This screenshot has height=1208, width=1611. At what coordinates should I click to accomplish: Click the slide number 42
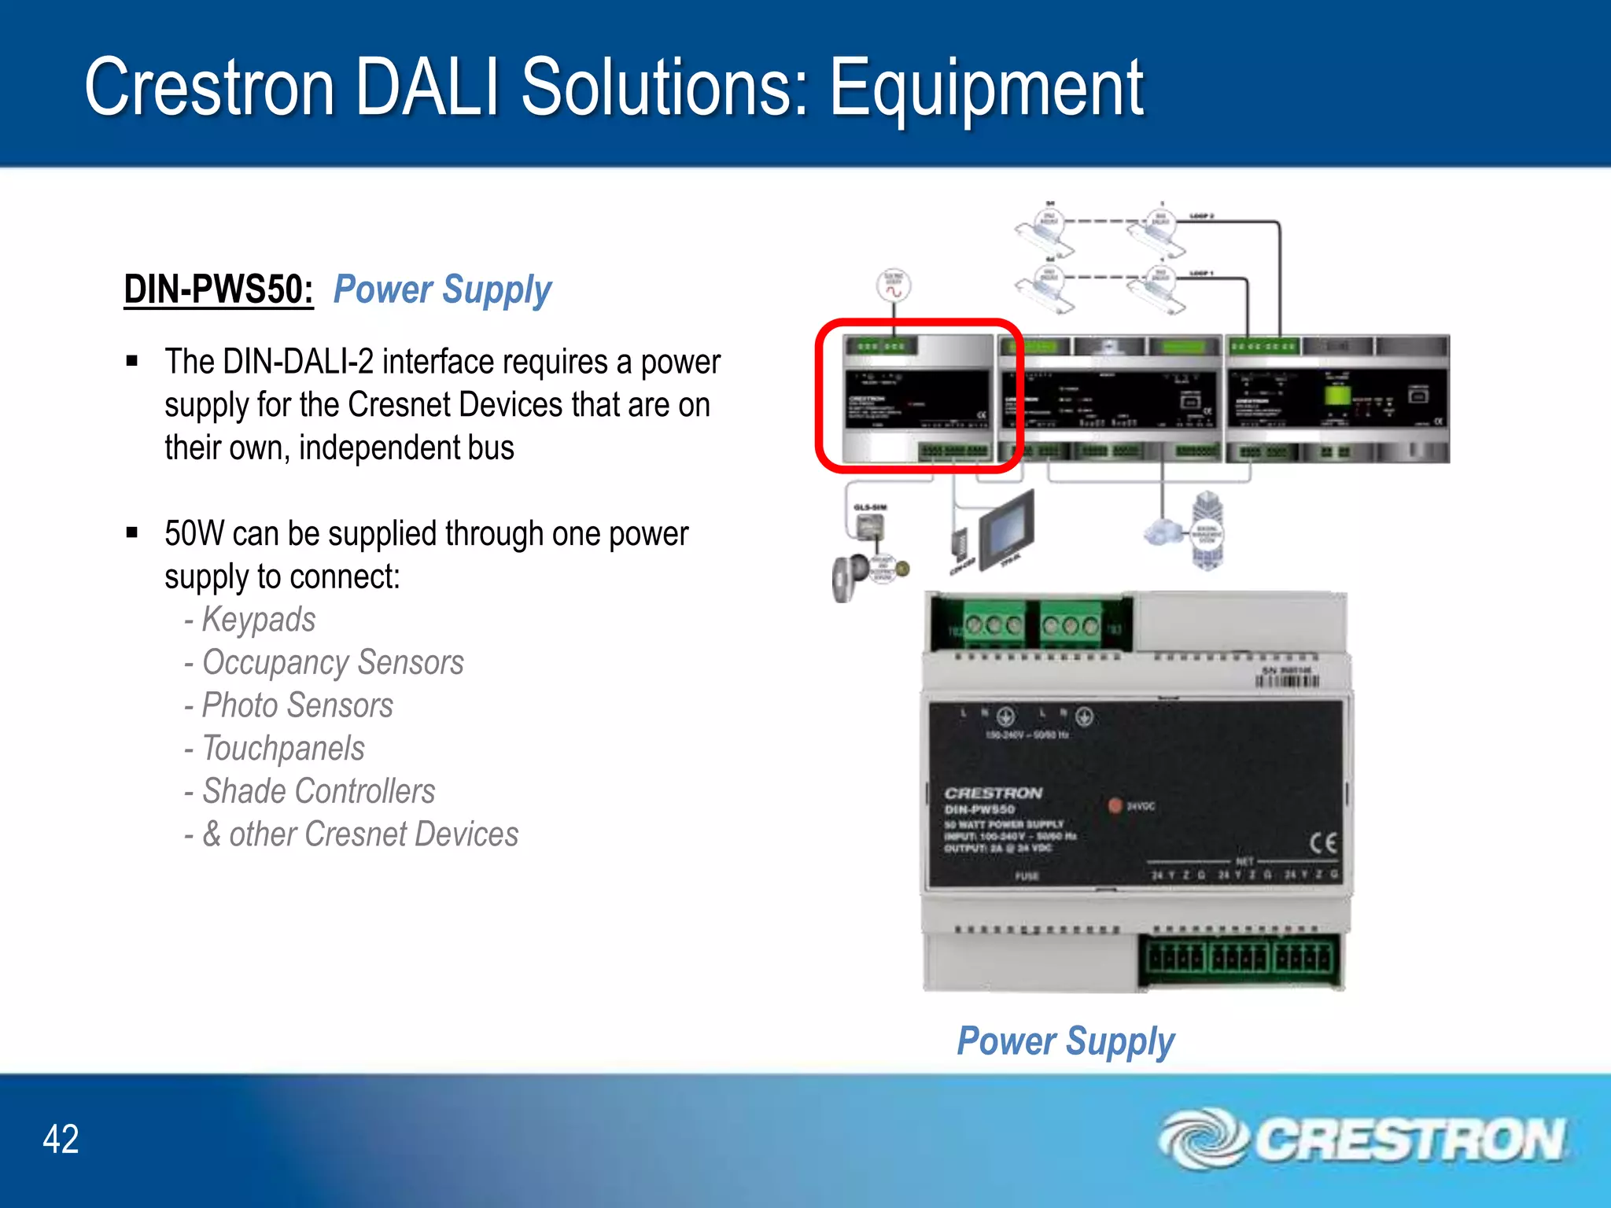pos(61,1139)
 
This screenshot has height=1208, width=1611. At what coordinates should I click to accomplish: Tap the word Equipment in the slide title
pos(986,88)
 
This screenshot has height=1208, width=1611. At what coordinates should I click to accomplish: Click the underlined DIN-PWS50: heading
pos(219,289)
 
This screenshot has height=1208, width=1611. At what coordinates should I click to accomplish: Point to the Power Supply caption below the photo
pos(1065,1041)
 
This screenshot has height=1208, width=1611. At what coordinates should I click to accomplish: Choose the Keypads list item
pos(259,620)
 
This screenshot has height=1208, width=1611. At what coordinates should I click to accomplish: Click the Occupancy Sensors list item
pos(333,663)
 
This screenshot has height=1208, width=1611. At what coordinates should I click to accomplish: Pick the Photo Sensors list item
pos(297,705)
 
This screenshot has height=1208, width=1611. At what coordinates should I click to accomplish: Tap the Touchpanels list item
pos(283,749)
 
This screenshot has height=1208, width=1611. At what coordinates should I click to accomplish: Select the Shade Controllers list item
pos(319,791)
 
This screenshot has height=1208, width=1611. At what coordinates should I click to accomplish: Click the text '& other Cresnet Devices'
pos(360,834)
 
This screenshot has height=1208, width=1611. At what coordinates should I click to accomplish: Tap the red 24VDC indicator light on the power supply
pos(1115,805)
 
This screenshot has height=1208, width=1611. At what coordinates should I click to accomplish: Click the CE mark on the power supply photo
pos(1322,843)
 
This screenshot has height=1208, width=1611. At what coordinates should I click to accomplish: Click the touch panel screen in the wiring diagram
pos(1007,522)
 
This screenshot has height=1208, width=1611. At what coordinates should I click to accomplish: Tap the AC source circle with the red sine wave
pos(894,285)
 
